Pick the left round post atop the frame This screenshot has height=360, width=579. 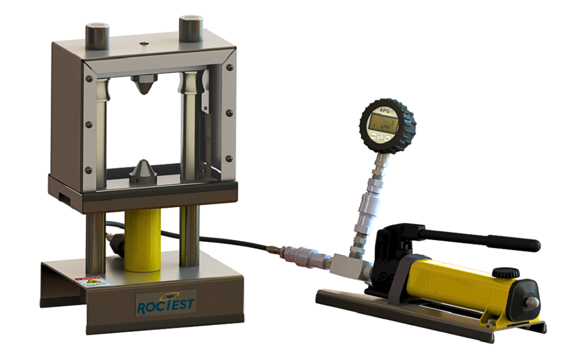[x=97, y=35]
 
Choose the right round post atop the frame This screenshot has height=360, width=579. [x=191, y=28]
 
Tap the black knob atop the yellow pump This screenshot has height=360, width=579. [x=505, y=273]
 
